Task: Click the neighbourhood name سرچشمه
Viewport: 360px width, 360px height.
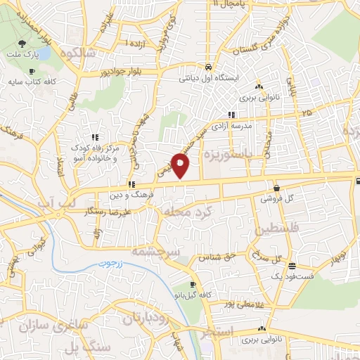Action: tap(157, 250)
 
